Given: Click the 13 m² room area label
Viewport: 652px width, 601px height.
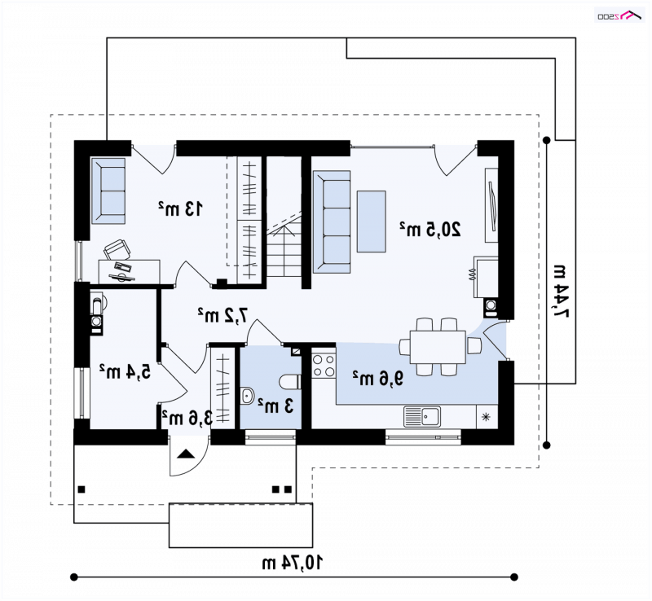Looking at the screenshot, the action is [180, 208].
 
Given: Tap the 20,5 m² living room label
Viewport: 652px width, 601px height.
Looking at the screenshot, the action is [430, 230].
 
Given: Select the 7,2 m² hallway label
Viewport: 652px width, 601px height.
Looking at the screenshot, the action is [222, 315].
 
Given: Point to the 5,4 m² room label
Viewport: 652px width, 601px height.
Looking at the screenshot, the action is [125, 371].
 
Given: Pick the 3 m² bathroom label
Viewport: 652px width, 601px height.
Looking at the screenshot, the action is [275, 406].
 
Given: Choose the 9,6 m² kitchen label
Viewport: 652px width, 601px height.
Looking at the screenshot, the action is [378, 378].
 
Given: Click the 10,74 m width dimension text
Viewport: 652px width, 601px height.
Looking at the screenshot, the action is [293, 563].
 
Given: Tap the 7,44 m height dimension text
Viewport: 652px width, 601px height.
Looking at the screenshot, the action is [561, 290].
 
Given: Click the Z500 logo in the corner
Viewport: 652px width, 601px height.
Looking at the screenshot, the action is [619, 15].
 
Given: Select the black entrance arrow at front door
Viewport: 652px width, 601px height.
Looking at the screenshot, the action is [186, 454].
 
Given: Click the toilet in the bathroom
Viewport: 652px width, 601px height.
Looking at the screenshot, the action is [290, 382].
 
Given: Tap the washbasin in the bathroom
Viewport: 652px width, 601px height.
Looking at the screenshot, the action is [247, 396].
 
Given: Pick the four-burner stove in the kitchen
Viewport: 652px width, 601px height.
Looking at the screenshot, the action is [324, 366].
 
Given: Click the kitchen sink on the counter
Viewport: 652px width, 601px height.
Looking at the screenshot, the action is [421, 416].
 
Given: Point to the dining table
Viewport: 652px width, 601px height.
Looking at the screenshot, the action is [438, 347].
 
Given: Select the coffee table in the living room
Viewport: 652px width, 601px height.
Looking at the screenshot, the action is [372, 222].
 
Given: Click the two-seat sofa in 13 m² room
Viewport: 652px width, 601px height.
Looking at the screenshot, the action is [108, 191].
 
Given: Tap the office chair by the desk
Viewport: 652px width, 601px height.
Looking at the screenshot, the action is [117, 249].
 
